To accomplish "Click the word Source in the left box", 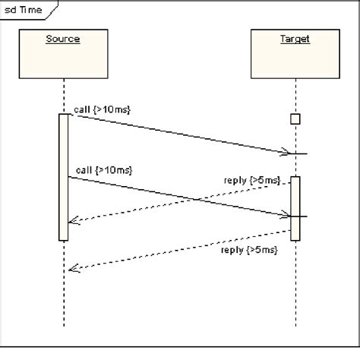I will pyautogui.click(x=62, y=39).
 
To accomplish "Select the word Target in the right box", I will pyautogui.click(x=295, y=39).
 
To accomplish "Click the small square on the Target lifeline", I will pyautogui.click(x=295, y=118).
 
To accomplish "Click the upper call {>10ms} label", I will pyautogui.click(x=103, y=109).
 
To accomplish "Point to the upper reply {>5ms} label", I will pyautogui.click(x=251, y=180).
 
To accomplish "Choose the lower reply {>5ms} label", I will pyautogui.click(x=249, y=249).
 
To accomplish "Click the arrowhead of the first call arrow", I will pyautogui.click(x=286, y=153).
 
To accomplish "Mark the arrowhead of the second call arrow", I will pyautogui.click(x=286, y=215).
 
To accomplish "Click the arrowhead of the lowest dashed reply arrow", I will pyautogui.click(x=71, y=267).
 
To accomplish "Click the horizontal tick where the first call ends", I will pyautogui.click(x=299, y=154).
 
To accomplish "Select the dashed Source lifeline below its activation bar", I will pyautogui.click(x=64, y=289).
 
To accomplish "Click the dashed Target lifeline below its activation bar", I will pyautogui.click(x=295, y=289).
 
